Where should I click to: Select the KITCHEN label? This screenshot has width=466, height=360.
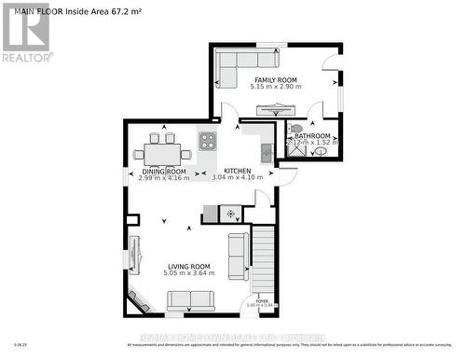coord(239,171)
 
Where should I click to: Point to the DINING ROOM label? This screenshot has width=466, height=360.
coord(164,172)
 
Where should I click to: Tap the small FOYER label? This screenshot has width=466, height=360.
coord(263,301)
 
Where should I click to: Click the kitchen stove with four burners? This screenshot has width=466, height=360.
coord(207,143)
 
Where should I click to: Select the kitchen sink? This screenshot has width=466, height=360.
coord(267,152)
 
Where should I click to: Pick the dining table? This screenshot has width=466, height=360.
coord(163,150)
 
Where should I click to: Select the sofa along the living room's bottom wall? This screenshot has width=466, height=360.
coord(190,300)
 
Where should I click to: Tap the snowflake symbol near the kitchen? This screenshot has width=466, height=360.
coord(230,214)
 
